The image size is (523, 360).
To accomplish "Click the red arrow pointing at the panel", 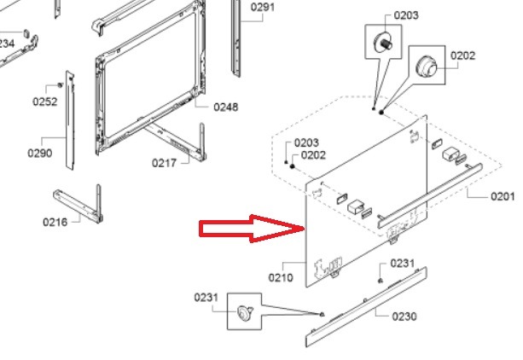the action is tap(253, 229).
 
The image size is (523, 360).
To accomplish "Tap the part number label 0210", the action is tap(281, 277).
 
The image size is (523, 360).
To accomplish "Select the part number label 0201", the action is tap(503, 196).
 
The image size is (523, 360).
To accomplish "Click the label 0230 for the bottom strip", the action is tap(404, 316).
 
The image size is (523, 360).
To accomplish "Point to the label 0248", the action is tap(226, 107).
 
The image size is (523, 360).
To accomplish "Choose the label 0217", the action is tap(164, 163).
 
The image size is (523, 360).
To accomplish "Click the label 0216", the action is tap(55, 222).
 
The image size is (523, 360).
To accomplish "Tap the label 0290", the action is tap(40, 154).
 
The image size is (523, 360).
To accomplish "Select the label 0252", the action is tap(45, 102).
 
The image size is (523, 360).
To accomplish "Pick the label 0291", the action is tap(263, 7).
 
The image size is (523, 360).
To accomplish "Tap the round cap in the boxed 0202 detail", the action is tap(427, 66).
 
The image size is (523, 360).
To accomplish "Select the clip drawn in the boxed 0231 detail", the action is tap(244, 312).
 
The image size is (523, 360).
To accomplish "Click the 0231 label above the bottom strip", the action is tap(402, 264).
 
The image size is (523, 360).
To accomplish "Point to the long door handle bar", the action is tap(430, 195).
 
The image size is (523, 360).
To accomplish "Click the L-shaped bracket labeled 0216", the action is tap(78, 206).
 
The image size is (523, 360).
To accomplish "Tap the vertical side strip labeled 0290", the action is tap(70, 120).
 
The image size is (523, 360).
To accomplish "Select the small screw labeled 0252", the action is tap(61, 85).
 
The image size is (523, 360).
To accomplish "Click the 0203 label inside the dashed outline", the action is tap(306, 142).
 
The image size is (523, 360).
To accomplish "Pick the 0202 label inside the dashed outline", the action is tap(313, 155).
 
